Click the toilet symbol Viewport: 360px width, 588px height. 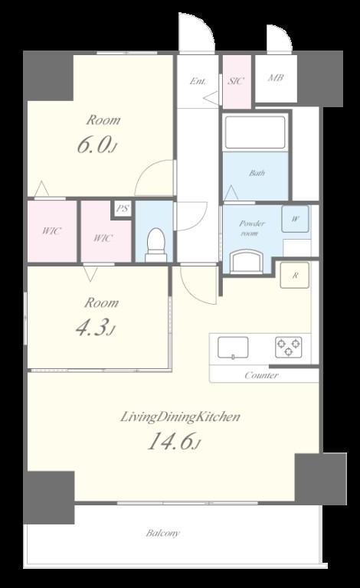(x=155, y=245)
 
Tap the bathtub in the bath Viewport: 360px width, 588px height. (x=255, y=132)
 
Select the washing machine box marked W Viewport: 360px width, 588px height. (x=296, y=219)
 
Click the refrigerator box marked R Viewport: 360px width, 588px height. (x=295, y=276)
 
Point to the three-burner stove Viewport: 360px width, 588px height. (x=288, y=348)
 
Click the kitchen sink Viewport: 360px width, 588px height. (x=233, y=348)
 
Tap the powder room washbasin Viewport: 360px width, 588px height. (x=246, y=261)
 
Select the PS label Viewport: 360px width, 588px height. (x=123, y=208)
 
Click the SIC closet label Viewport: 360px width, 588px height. (x=236, y=80)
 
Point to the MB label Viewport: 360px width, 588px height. (x=276, y=78)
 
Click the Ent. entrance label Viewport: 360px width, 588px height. (x=198, y=81)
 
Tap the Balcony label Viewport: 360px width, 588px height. (x=162, y=533)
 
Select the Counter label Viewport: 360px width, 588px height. (x=261, y=375)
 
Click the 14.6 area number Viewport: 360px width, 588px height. (x=170, y=441)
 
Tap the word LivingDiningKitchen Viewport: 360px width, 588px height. (x=180, y=416)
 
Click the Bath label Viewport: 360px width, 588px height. (x=257, y=173)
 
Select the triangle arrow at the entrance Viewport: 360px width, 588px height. (x=211, y=99)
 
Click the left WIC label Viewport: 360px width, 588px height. (x=51, y=230)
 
